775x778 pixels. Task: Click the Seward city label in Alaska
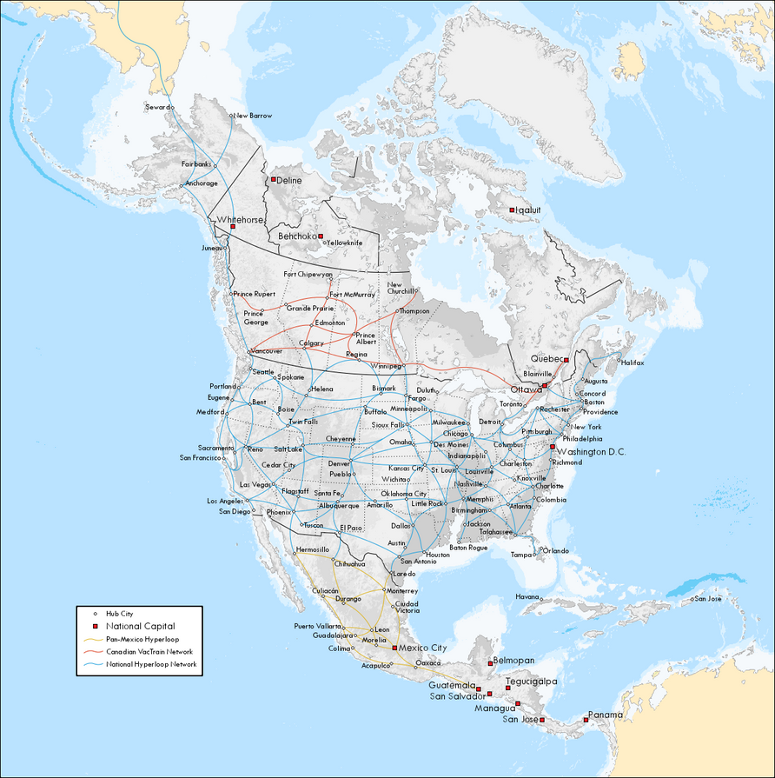click(157, 107)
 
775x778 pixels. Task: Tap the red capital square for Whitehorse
click(233, 227)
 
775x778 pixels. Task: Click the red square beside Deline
click(273, 179)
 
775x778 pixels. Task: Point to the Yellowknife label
click(345, 243)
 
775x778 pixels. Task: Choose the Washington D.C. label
click(591, 452)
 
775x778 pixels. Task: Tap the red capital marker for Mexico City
click(394, 648)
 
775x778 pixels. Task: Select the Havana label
click(527, 597)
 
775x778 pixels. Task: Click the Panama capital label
click(605, 715)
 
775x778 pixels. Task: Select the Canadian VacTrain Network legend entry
click(149, 651)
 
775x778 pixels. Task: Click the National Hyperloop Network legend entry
click(151, 664)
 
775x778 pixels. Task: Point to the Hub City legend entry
click(120, 613)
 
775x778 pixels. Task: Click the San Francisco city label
click(201, 457)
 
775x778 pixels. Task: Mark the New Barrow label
click(253, 116)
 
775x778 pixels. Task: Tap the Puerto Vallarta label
click(317, 626)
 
